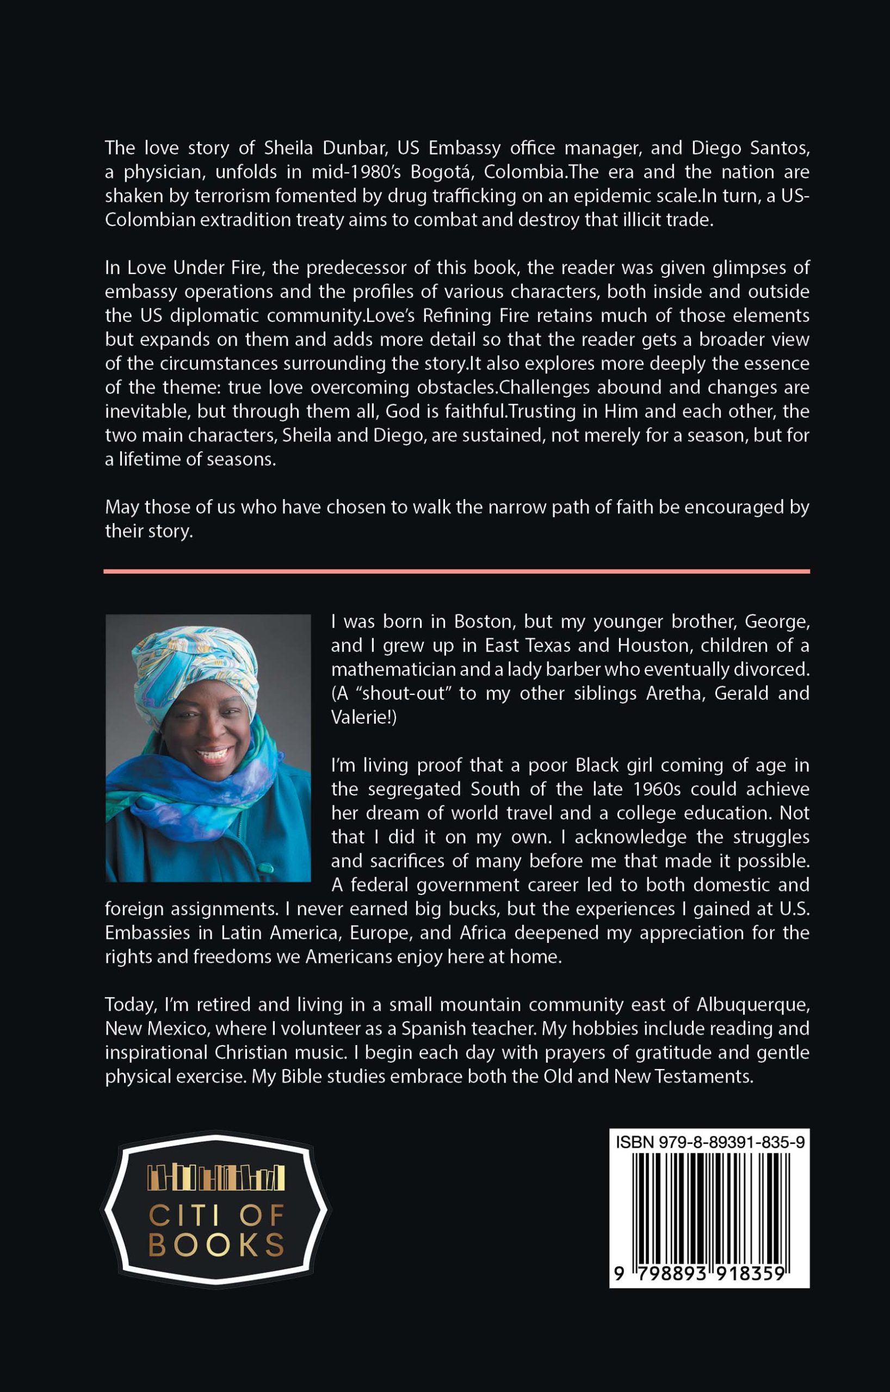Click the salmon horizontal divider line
click(x=457, y=571)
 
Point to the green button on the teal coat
click(x=270, y=867)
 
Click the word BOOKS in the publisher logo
click(x=217, y=1245)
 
